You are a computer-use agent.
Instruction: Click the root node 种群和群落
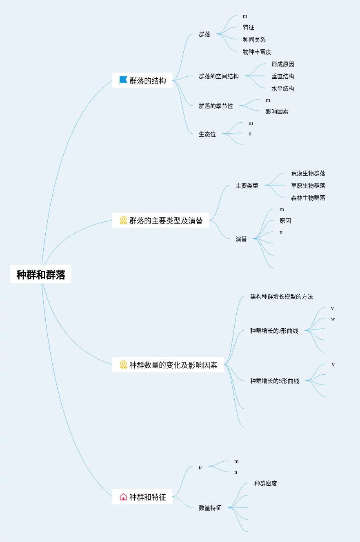point(41,274)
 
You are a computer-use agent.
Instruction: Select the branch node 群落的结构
point(147,81)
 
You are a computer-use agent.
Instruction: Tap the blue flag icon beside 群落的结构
point(123,80)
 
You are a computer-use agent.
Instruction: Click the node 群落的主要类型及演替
point(166,221)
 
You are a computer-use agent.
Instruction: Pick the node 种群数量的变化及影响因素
point(173,365)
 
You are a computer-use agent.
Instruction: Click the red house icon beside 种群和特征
point(123,497)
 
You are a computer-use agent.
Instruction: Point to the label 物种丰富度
point(257,52)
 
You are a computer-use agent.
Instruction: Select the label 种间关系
point(254,40)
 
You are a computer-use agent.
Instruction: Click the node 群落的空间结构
point(218,76)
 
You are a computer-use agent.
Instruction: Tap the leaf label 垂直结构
point(282,76)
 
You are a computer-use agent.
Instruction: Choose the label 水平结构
point(282,88)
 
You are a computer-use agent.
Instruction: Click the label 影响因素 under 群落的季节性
point(277,111)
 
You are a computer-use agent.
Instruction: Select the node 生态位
point(207,134)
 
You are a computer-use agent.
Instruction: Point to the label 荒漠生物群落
point(308,173)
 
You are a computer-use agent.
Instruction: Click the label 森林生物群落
point(308,198)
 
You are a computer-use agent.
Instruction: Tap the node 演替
point(241,239)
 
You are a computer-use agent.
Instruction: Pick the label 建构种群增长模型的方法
point(281,296)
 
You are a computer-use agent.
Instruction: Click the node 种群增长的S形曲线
point(274,381)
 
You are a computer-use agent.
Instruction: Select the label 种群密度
point(265,483)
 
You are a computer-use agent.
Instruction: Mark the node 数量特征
point(210,508)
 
